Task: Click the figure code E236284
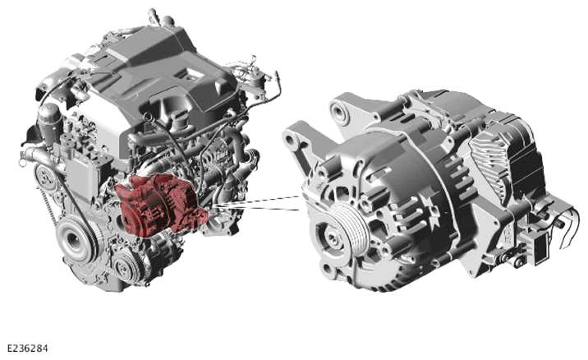[28, 348]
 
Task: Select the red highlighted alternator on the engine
[159, 205]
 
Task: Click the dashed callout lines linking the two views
[258, 204]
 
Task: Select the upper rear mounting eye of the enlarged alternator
[340, 110]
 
